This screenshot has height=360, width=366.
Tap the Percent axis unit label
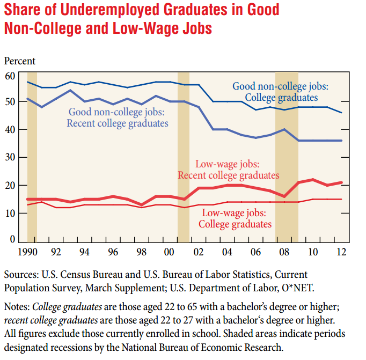pos(20,61)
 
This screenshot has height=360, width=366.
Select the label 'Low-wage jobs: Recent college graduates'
pos(229,170)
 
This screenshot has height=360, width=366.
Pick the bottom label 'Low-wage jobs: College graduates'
pos(235,219)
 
